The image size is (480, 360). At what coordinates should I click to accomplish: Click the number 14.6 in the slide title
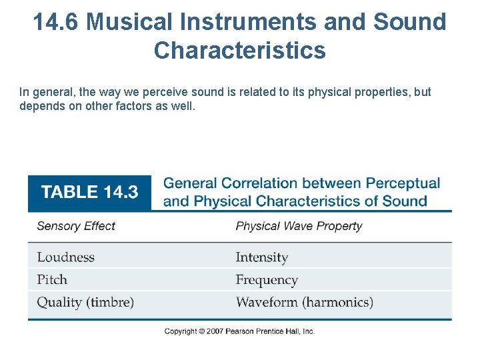tap(56, 22)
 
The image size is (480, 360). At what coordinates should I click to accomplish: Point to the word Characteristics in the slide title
tap(240, 50)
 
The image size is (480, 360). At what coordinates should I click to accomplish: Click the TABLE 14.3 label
tap(89, 192)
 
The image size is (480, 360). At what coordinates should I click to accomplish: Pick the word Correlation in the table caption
tap(259, 183)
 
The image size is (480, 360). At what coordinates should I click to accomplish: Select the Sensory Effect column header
tap(76, 226)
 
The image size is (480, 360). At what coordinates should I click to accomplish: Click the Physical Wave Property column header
tap(299, 226)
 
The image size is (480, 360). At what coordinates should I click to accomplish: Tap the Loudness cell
tap(66, 257)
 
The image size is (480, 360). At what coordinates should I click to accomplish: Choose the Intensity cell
tap(261, 257)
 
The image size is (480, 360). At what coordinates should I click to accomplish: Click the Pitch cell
tap(52, 280)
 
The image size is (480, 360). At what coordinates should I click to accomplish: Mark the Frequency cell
tap(266, 280)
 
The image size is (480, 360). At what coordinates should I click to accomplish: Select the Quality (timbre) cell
tap(85, 303)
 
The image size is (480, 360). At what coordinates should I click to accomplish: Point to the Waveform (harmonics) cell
tap(304, 303)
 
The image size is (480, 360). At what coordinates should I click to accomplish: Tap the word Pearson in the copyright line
tap(241, 331)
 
